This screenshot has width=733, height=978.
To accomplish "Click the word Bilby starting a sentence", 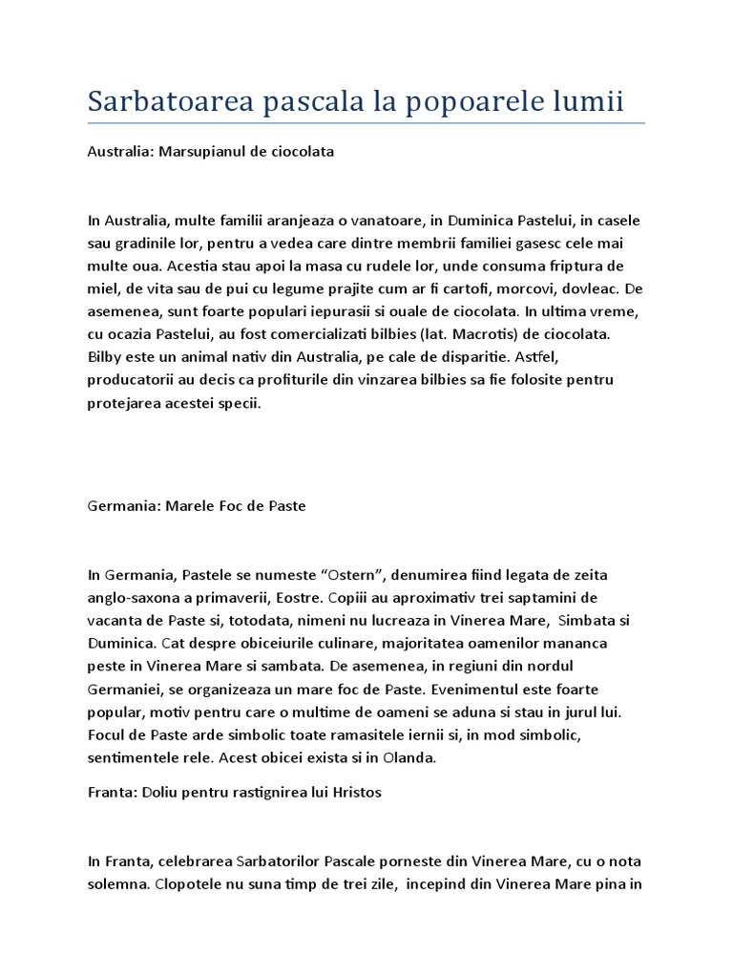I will [107, 357].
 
